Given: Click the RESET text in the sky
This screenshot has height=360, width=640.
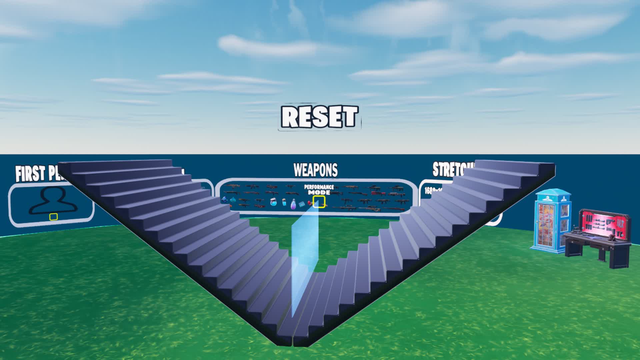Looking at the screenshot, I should point(319,117).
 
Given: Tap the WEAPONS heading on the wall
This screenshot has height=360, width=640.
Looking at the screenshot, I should point(315,170).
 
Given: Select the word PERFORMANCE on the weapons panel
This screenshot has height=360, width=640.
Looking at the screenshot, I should point(319,187).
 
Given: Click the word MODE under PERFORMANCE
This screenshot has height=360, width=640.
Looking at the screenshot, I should point(319,192).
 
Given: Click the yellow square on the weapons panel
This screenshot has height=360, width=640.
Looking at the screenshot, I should point(319,202).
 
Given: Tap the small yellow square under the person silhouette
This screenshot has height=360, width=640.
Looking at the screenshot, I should point(53,217).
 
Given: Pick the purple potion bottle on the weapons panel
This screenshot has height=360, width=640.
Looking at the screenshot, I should point(293,204).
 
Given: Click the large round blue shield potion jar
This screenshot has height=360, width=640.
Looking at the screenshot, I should point(273,202).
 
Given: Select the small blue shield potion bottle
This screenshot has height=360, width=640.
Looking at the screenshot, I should point(284,202).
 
